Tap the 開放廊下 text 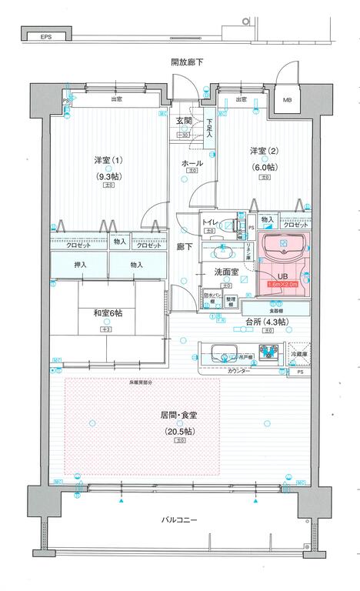coord(187,62)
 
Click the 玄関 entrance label coord(183,122)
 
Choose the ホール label coord(192,163)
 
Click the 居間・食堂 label coord(179,415)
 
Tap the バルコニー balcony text coord(180,520)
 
